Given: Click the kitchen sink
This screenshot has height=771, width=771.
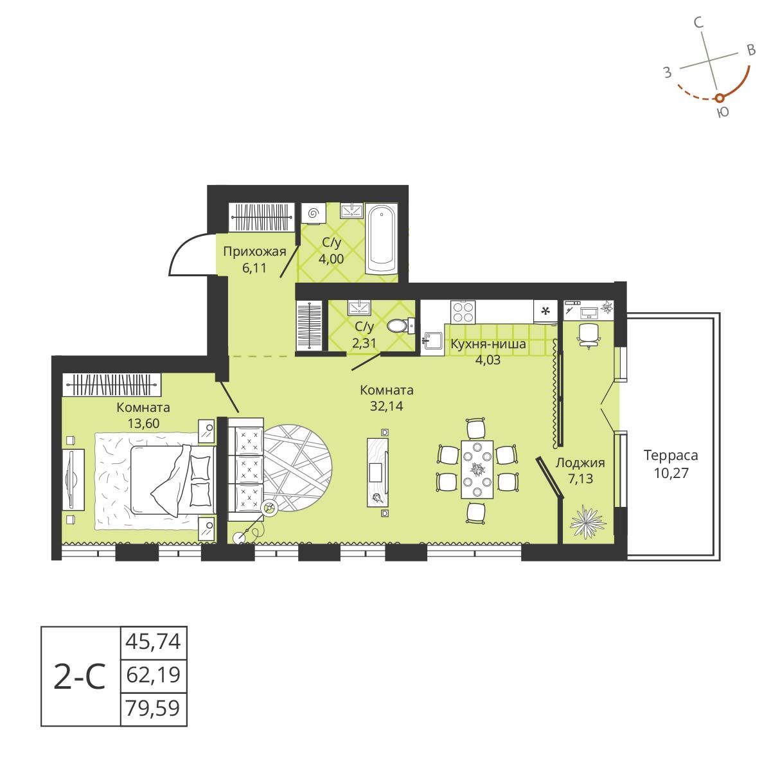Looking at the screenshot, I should tap(432, 340).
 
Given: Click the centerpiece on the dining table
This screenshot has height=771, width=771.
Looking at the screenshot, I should tap(477, 468).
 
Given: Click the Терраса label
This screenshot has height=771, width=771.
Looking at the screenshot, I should tap(670, 456).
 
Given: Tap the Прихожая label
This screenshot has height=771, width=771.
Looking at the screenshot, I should tap(254, 251).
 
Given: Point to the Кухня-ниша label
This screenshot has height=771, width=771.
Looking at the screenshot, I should tap(488, 344).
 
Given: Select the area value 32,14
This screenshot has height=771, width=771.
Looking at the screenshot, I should tap(386, 405).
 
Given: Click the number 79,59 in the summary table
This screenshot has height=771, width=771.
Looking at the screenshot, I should tap(154, 710).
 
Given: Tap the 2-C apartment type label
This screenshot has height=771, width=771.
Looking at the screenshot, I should tap(80, 677).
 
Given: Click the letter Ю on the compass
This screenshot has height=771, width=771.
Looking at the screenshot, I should tap(722, 113).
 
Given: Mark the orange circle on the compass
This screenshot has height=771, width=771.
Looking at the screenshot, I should tap(720, 98).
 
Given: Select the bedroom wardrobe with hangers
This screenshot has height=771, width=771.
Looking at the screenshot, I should tap(112, 385).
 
